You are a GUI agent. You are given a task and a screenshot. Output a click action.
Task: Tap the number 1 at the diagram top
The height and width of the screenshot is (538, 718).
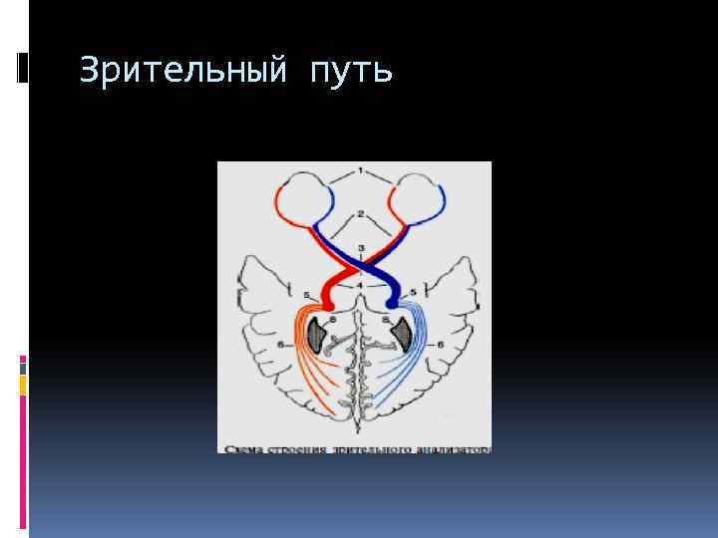pos(361,171)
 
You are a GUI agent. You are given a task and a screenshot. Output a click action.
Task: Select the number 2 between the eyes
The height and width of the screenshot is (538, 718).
pos(361,212)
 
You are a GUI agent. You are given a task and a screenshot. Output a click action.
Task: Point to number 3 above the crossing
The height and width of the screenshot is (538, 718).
pos(361,246)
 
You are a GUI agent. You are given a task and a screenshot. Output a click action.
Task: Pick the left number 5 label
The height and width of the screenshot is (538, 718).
pos(305,294)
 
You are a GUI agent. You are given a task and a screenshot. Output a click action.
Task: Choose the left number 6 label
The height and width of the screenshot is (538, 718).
pos(281,344)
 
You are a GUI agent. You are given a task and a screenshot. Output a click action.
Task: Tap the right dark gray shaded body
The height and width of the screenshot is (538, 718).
pos(403,335)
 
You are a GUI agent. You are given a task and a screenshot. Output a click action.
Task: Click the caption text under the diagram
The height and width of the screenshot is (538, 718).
pos(357,448)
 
